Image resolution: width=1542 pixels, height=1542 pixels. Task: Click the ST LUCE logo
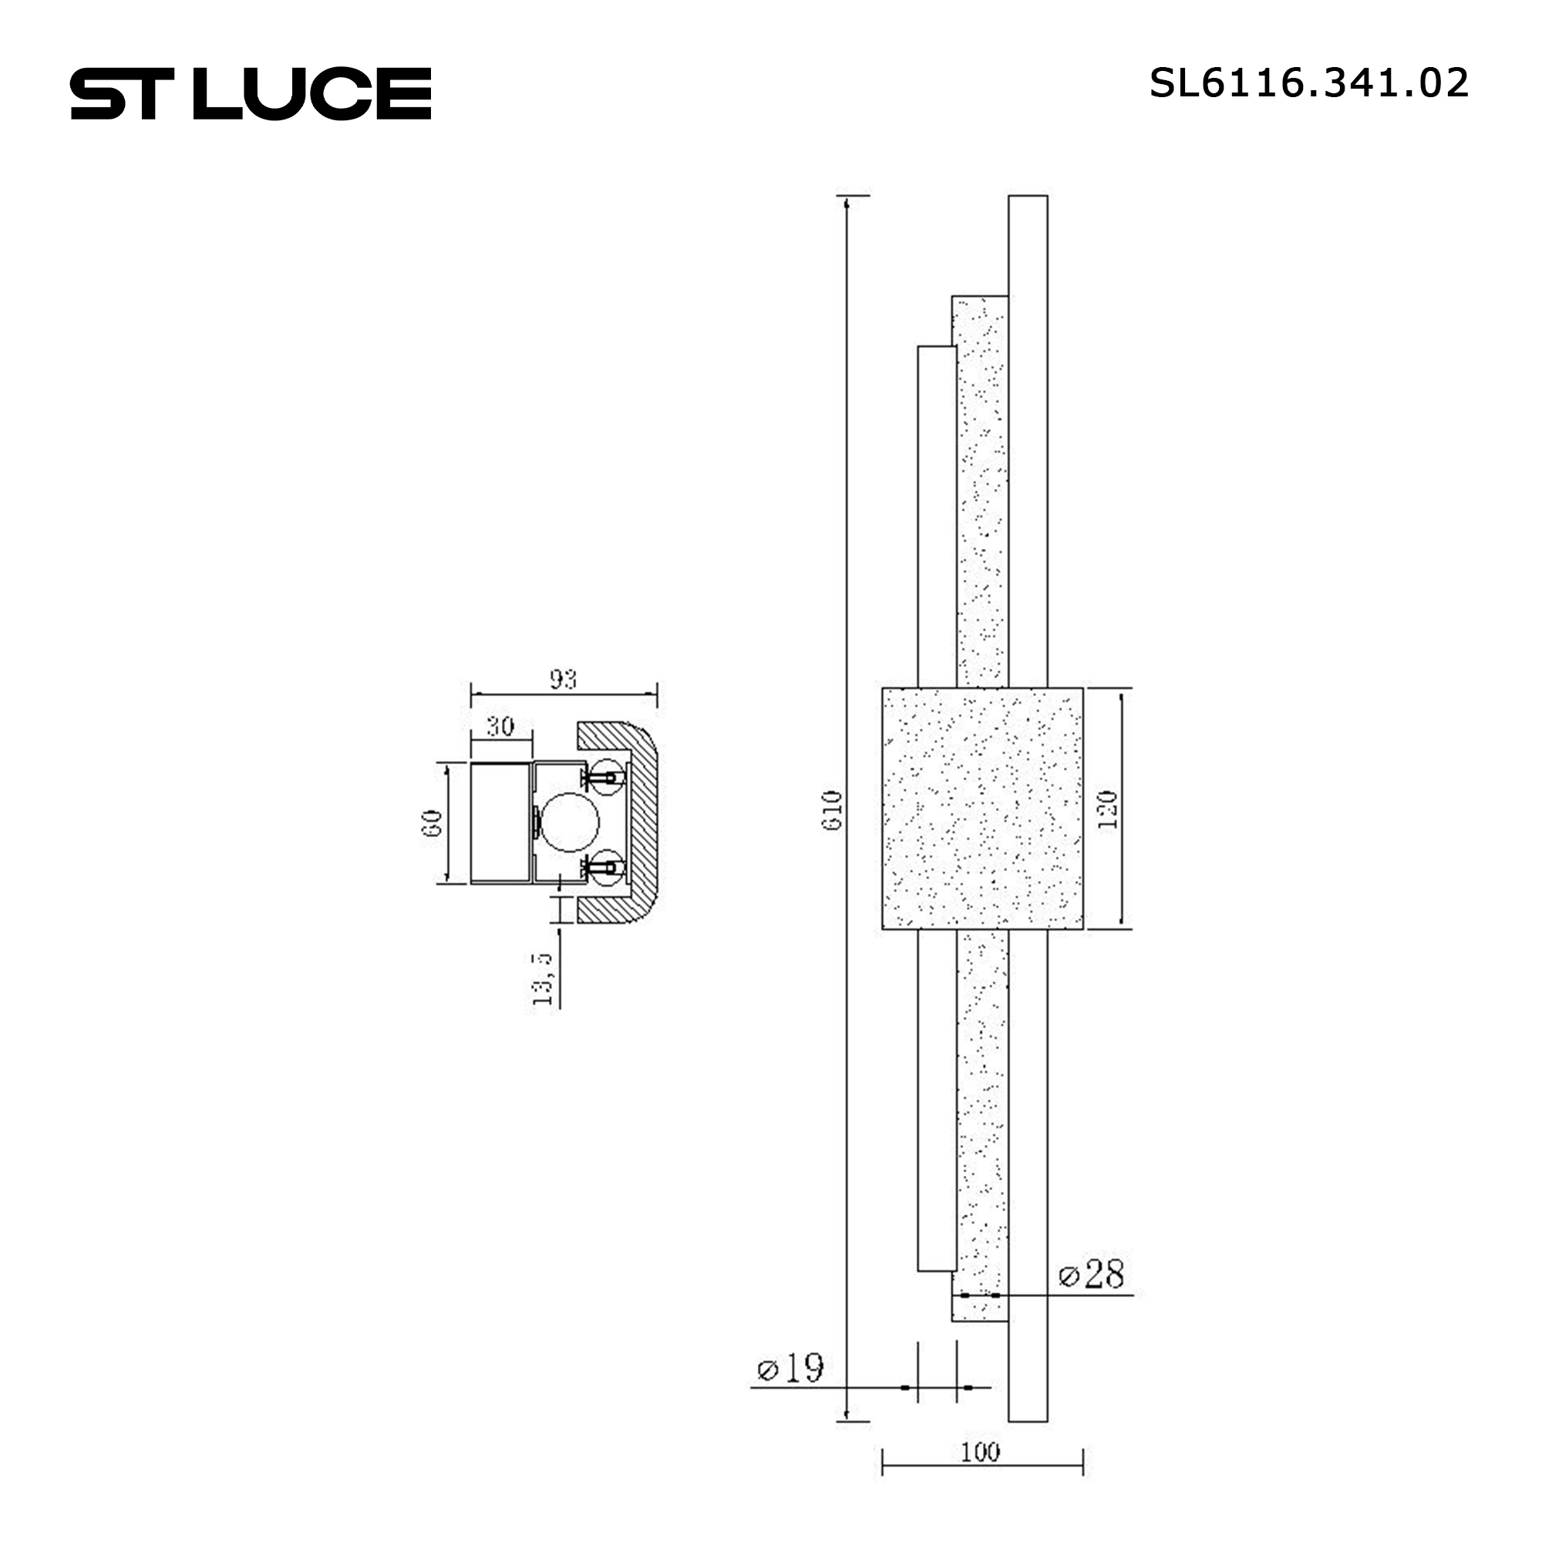(x=251, y=93)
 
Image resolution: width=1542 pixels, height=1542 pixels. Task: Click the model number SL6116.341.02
(x=1308, y=83)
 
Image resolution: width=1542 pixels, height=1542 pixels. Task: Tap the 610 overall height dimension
(x=832, y=810)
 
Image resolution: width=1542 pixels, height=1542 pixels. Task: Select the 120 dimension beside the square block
(x=1108, y=810)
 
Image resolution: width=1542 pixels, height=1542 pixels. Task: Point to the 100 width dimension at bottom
(x=980, y=1452)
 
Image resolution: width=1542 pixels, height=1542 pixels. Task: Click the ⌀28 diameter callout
(x=1091, y=1274)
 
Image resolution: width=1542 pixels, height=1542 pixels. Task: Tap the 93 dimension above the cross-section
(x=563, y=679)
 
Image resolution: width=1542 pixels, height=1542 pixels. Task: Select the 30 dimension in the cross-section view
(x=500, y=726)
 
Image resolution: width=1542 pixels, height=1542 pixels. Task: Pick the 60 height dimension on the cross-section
(x=432, y=823)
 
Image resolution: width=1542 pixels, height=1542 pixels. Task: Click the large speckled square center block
(x=981, y=809)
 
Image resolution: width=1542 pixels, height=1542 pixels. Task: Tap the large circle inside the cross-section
(x=569, y=822)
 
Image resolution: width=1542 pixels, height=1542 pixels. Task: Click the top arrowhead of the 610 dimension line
(x=846, y=203)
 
